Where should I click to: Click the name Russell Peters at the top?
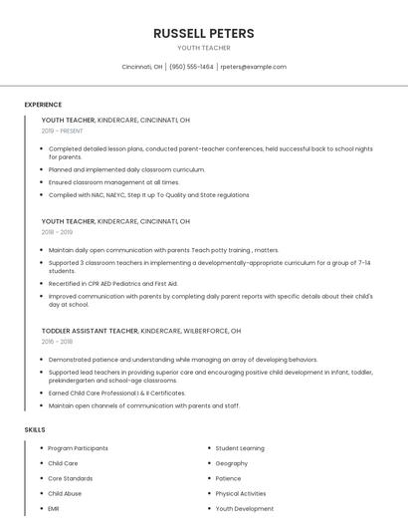tap(203, 33)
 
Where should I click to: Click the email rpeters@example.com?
tap(253, 67)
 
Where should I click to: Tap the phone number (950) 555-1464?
tap(191, 67)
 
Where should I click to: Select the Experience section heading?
tap(43, 105)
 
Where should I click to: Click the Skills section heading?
tap(35, 429)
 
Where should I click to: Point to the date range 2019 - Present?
tap(63, 131)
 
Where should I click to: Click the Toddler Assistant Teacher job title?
tap(90, 330)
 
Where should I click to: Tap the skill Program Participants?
tap(78, 448)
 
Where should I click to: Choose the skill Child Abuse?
tap(65, 493)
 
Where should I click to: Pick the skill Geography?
tap(232, 463)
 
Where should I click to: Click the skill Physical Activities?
tap(241, 493)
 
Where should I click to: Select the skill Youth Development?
tap(244, 508)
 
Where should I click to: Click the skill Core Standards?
tap(70, 478)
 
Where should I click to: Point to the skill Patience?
tap(228, 478)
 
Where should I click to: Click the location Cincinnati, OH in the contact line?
tap(142, 67)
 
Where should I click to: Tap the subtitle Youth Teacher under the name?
tap(203, 48)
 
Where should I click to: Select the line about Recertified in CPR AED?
tap(112, 284)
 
